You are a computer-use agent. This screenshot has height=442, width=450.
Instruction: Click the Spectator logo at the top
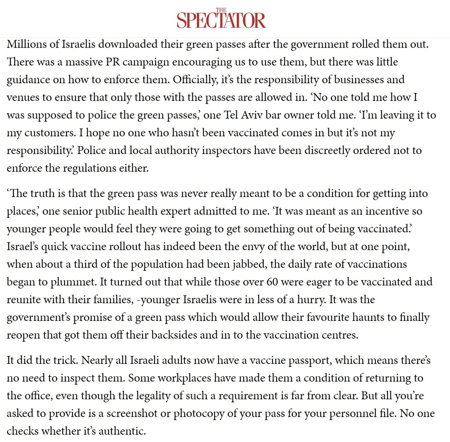click(x=221, y=19)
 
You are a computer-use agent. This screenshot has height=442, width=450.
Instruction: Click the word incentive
click(x=385, y=211)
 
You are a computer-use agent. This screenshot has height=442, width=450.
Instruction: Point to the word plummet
click(x=73, y=282)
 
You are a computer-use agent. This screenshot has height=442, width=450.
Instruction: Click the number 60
click(x=272, y=282)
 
